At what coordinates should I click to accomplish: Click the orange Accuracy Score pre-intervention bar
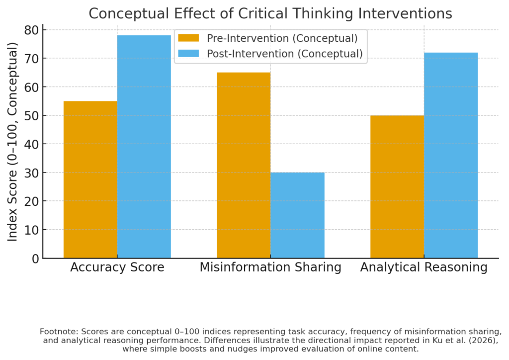(90, 180)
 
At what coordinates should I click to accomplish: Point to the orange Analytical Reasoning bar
(397, 186)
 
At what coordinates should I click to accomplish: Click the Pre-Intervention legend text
(282, 38)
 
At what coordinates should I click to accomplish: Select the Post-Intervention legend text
(285, 53)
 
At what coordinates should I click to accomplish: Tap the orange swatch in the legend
(188, 38)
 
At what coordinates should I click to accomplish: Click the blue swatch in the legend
(188, 53)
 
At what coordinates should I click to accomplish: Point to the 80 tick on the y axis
(31, 30)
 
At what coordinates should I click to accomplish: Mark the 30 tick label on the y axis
(31, 173)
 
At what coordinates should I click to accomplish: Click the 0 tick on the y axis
(35, 259)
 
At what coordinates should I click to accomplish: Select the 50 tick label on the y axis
(31, 116)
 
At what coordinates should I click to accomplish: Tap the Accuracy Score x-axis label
(117, 268)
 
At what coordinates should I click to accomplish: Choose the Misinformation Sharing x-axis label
(270, 268)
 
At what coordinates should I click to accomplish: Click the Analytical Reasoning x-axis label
(424, 268)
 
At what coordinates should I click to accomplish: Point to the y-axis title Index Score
(12, 142)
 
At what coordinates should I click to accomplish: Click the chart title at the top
(270, 13)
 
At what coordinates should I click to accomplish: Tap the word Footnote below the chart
(57, 331)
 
